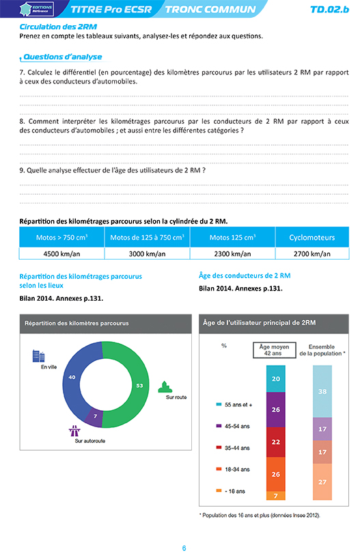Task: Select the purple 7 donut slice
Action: click(x=94, y=417)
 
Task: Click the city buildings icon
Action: click(x=38, y=356)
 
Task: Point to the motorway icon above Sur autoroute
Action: click(x=74, y=431)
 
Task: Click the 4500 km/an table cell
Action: click(x=61, y=254)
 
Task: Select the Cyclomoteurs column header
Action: click(x=312, y=237)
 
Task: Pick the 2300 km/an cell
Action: click(x=232, y=254)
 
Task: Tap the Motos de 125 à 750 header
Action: click(x=147, y=237)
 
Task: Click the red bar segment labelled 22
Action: click(x=276, y=442)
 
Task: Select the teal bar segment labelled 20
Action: click(x=276, y=379)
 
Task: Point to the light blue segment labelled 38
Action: click(x=322, y=392)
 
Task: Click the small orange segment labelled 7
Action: click(x=276, y=496)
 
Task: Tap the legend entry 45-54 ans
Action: click(x=233, y=426)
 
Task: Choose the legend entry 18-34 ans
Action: click(x=233, y=470)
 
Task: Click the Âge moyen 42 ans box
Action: click(x=275, y=350)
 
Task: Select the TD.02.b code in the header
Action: click(x=329, y=10)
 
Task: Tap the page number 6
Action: click(x=184, y=548)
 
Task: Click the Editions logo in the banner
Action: click(x=37, y=9)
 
